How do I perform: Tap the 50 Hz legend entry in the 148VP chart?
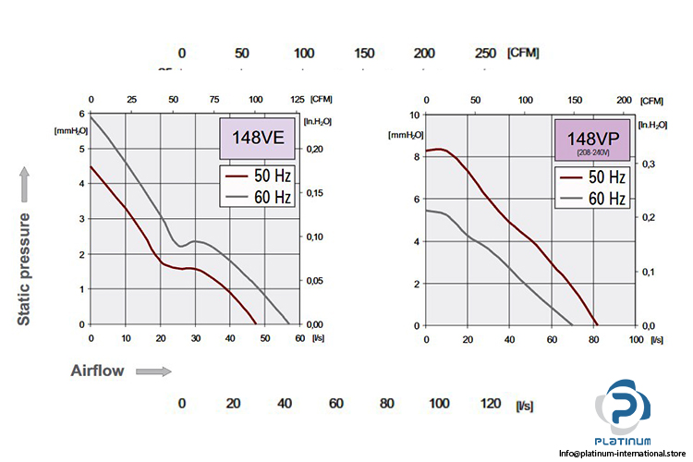593,177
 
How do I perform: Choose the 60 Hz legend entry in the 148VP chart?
593,198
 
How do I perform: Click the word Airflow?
97,371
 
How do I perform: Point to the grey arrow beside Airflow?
153,371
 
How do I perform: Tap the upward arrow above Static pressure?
27,184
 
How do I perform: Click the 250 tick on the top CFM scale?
485,53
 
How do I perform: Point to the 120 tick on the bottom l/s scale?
492,403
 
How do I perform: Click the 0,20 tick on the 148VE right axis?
316,149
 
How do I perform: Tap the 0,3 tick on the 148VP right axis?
650,164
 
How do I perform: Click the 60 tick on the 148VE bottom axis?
299,339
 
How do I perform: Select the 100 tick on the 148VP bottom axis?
636,340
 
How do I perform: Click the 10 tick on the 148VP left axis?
416,115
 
